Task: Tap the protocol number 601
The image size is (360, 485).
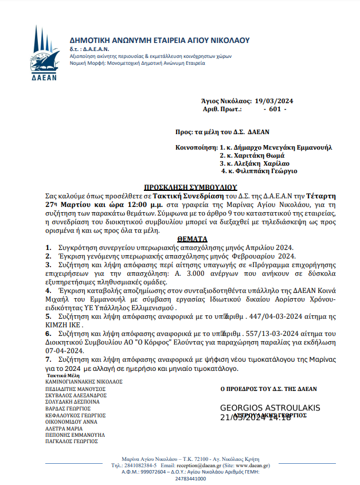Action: (274, 108)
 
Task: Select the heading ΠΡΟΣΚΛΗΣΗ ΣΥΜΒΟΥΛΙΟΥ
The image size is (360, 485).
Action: (190, 187)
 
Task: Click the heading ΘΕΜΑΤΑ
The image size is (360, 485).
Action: (192, 238)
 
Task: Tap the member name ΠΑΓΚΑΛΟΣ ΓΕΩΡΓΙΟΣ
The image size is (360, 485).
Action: (73, 441)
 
